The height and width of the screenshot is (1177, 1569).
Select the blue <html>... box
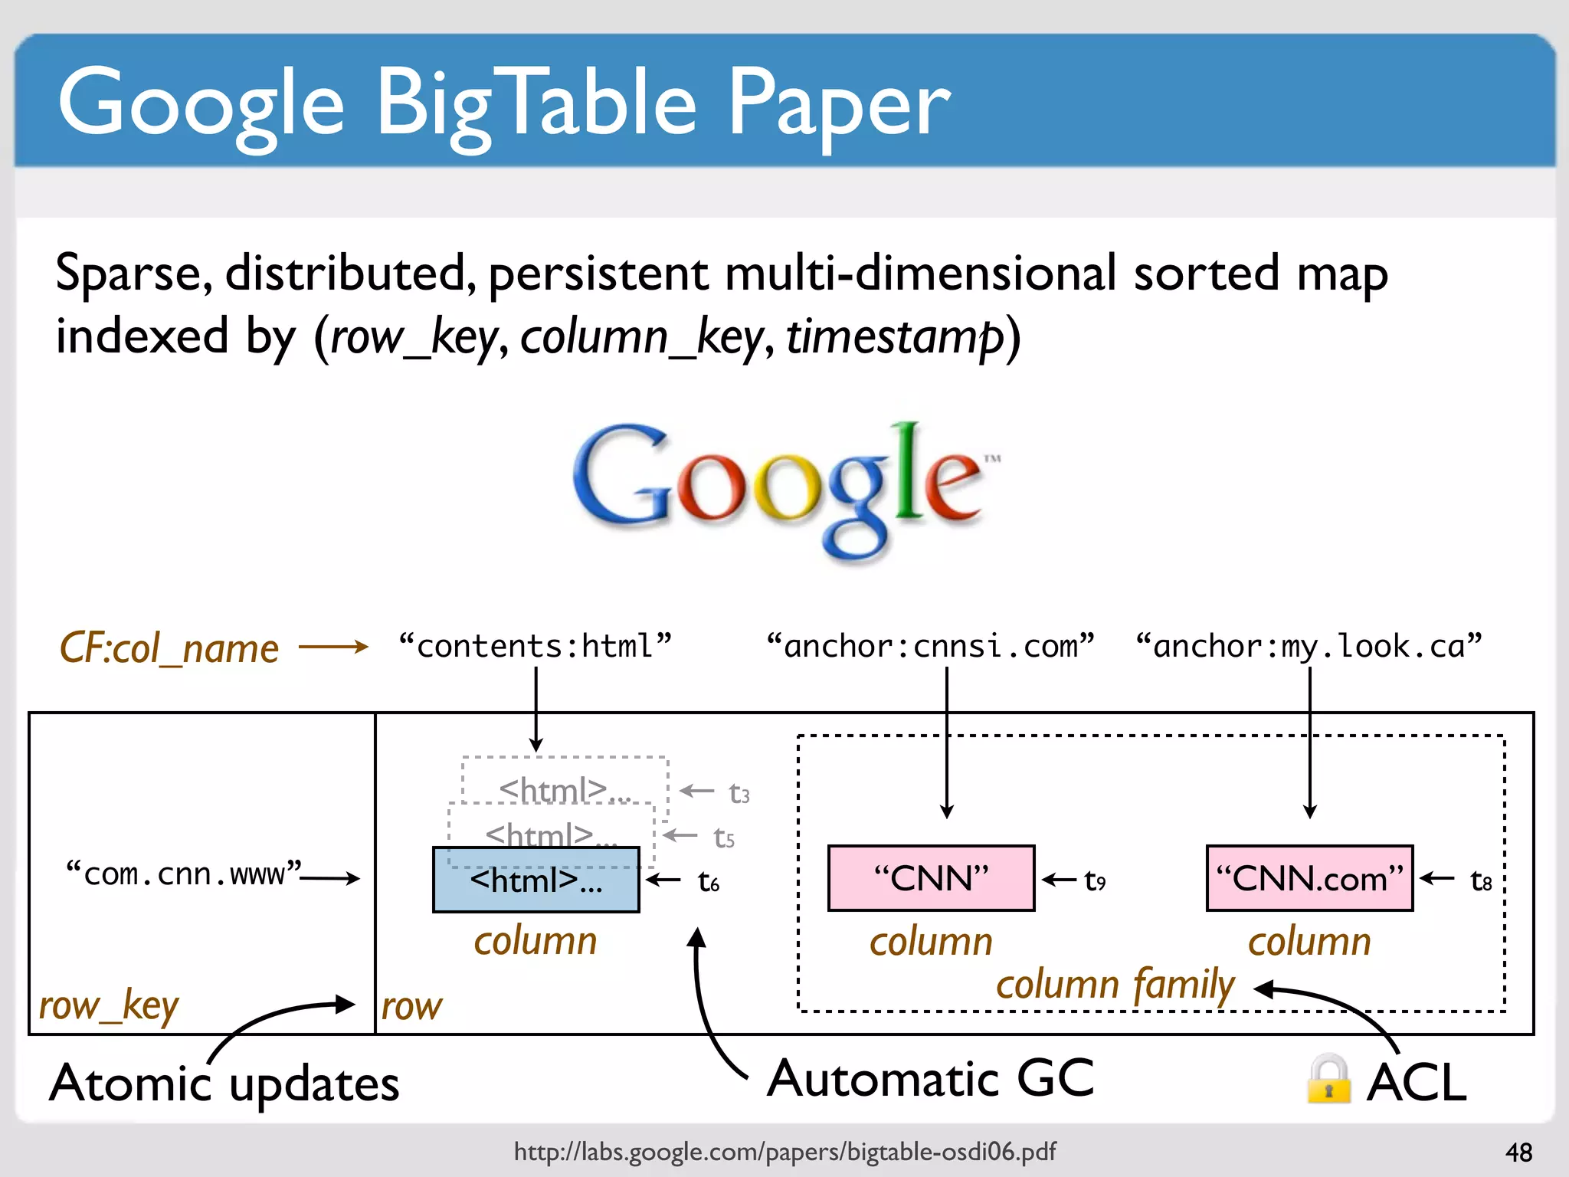click(536, 880)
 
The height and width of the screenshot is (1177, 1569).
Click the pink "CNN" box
click(931, 878)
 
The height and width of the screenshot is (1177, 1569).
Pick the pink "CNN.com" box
click(1309, 878)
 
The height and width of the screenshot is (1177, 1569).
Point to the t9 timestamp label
click(1095, 881)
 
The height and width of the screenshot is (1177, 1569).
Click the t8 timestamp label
click(1481, 881)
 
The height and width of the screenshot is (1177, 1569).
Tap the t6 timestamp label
click(709, 882)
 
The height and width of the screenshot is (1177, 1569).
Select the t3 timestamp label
click(739, 793)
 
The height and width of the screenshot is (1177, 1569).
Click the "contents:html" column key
click(535, 646)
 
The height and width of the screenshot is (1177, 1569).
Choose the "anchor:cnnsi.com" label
click(930, 646)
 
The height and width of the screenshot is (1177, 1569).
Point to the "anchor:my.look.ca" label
click(1309, 646)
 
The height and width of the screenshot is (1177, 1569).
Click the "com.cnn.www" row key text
click(184, 874)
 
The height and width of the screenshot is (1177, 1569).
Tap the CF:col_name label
click(169, 648)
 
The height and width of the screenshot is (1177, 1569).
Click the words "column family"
click(1115, 985)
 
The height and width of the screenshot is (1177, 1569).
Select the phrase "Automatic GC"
click(930, 1078)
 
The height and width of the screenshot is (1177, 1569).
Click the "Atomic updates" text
click(224, 1084)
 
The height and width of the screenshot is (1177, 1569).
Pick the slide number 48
click(1518, 1152)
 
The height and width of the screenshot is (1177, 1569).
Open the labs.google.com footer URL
click(784, 1151)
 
